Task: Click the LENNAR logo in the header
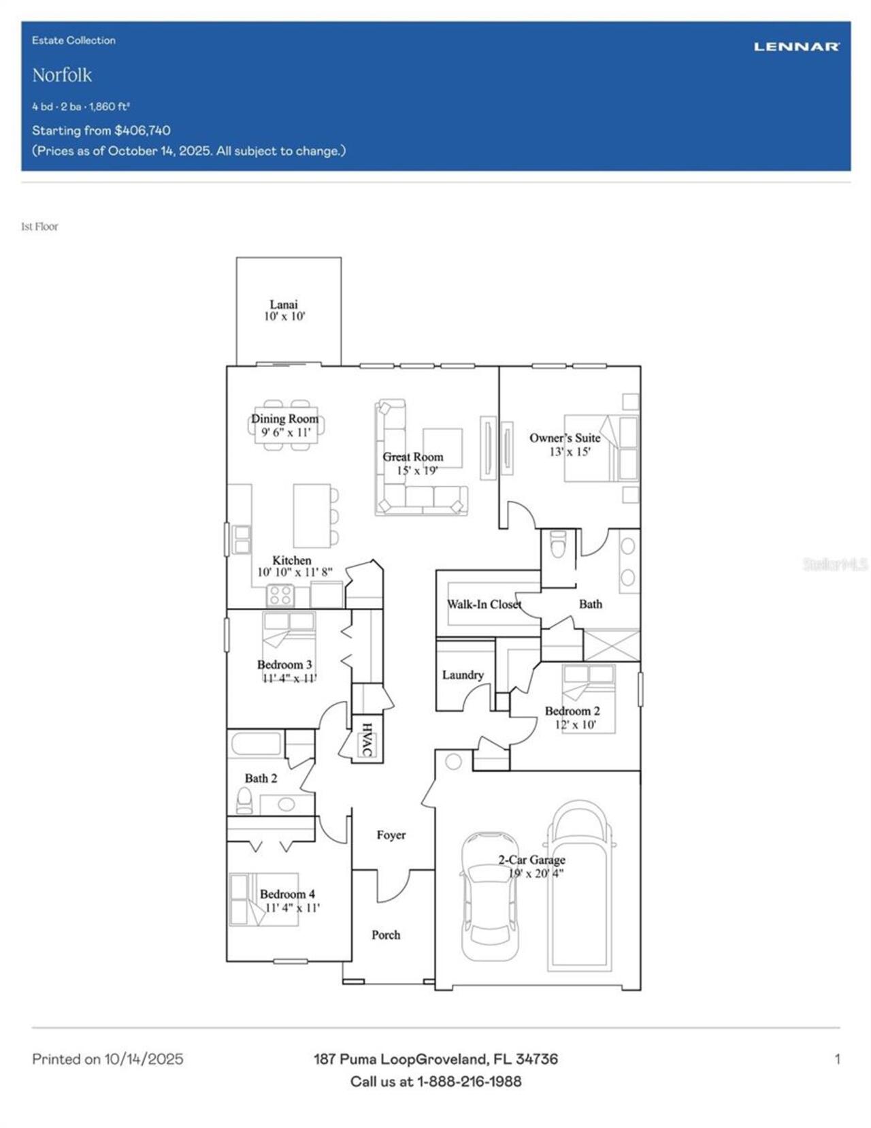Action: tap(796, 46)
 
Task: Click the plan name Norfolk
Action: tap(62, 75)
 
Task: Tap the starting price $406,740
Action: tap(142, 130)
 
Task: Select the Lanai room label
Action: tap(284, 304)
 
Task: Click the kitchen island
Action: tap(312, 515)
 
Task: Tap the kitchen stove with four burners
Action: tap(280, 596)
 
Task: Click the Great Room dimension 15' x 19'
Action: tap(417, 470)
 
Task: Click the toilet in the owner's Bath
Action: tap(558, 545)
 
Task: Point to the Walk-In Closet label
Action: tap(484, 604)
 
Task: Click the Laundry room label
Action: tap(463, 675)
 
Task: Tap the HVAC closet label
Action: tap(367, 739)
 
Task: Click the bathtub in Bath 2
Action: tap(256, 743)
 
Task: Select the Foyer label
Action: tap(391, 835)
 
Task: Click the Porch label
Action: tap(386, 935)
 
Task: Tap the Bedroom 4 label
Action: tap(287, 894)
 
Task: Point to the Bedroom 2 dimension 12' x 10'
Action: tap(575, 724)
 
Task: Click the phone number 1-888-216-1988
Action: tap(469, 1081)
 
